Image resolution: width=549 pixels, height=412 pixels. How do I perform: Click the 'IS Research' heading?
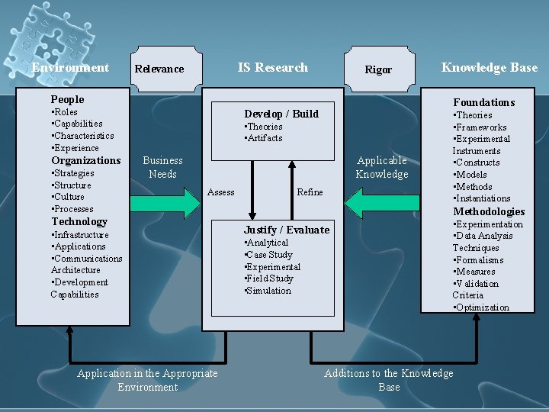pos(272,67)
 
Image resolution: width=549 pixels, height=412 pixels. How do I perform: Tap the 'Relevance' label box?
pos(159,69)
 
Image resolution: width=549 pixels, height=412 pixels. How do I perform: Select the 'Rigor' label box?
pos(378,69)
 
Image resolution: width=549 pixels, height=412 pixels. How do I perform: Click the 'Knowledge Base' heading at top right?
pos(489,67)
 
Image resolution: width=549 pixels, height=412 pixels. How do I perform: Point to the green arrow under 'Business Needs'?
pos(167,203)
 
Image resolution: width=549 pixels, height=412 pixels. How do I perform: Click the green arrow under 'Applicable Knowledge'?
pos(377,203)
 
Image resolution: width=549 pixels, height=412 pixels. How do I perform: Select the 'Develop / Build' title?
pos(281,114)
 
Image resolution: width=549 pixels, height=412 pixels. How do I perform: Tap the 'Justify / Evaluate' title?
pos(287,230)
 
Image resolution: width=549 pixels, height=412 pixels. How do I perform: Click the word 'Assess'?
pos(221,192)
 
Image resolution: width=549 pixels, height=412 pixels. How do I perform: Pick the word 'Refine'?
pos(310,192)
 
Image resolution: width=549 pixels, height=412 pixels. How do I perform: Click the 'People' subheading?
pos(67,99)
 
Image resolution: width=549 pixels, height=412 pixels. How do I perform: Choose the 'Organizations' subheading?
pos(85,160)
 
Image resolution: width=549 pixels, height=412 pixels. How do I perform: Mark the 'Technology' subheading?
pos(79,221)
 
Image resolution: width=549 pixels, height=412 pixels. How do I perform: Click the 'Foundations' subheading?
pos(483,102)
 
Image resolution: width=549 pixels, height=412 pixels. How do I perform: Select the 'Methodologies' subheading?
pos(489,211)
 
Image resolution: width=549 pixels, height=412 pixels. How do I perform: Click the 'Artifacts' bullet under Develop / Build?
pos(265,138)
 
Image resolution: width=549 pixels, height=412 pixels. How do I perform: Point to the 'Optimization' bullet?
pos(483,307)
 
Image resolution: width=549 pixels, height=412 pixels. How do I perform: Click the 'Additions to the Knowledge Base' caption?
pos(388,379)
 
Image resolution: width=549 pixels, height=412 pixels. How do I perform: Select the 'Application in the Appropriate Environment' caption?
pos(147,379)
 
